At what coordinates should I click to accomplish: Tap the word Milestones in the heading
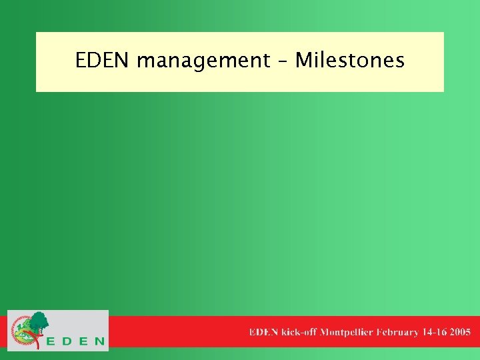[350, 61]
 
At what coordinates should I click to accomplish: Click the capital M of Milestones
[303, 61]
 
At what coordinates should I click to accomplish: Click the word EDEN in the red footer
[263, 331]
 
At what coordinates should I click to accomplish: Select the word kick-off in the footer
[299, 331]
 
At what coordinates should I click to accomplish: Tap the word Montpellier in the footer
[347, 331]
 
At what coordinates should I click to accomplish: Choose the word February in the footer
[397, 331]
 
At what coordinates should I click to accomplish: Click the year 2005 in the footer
[460, 331]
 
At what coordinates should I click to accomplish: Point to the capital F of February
[379, 331]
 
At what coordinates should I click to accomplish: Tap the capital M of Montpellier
[325, 331]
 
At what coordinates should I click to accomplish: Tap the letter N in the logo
[99, 341]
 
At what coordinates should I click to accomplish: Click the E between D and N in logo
[83, 341]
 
